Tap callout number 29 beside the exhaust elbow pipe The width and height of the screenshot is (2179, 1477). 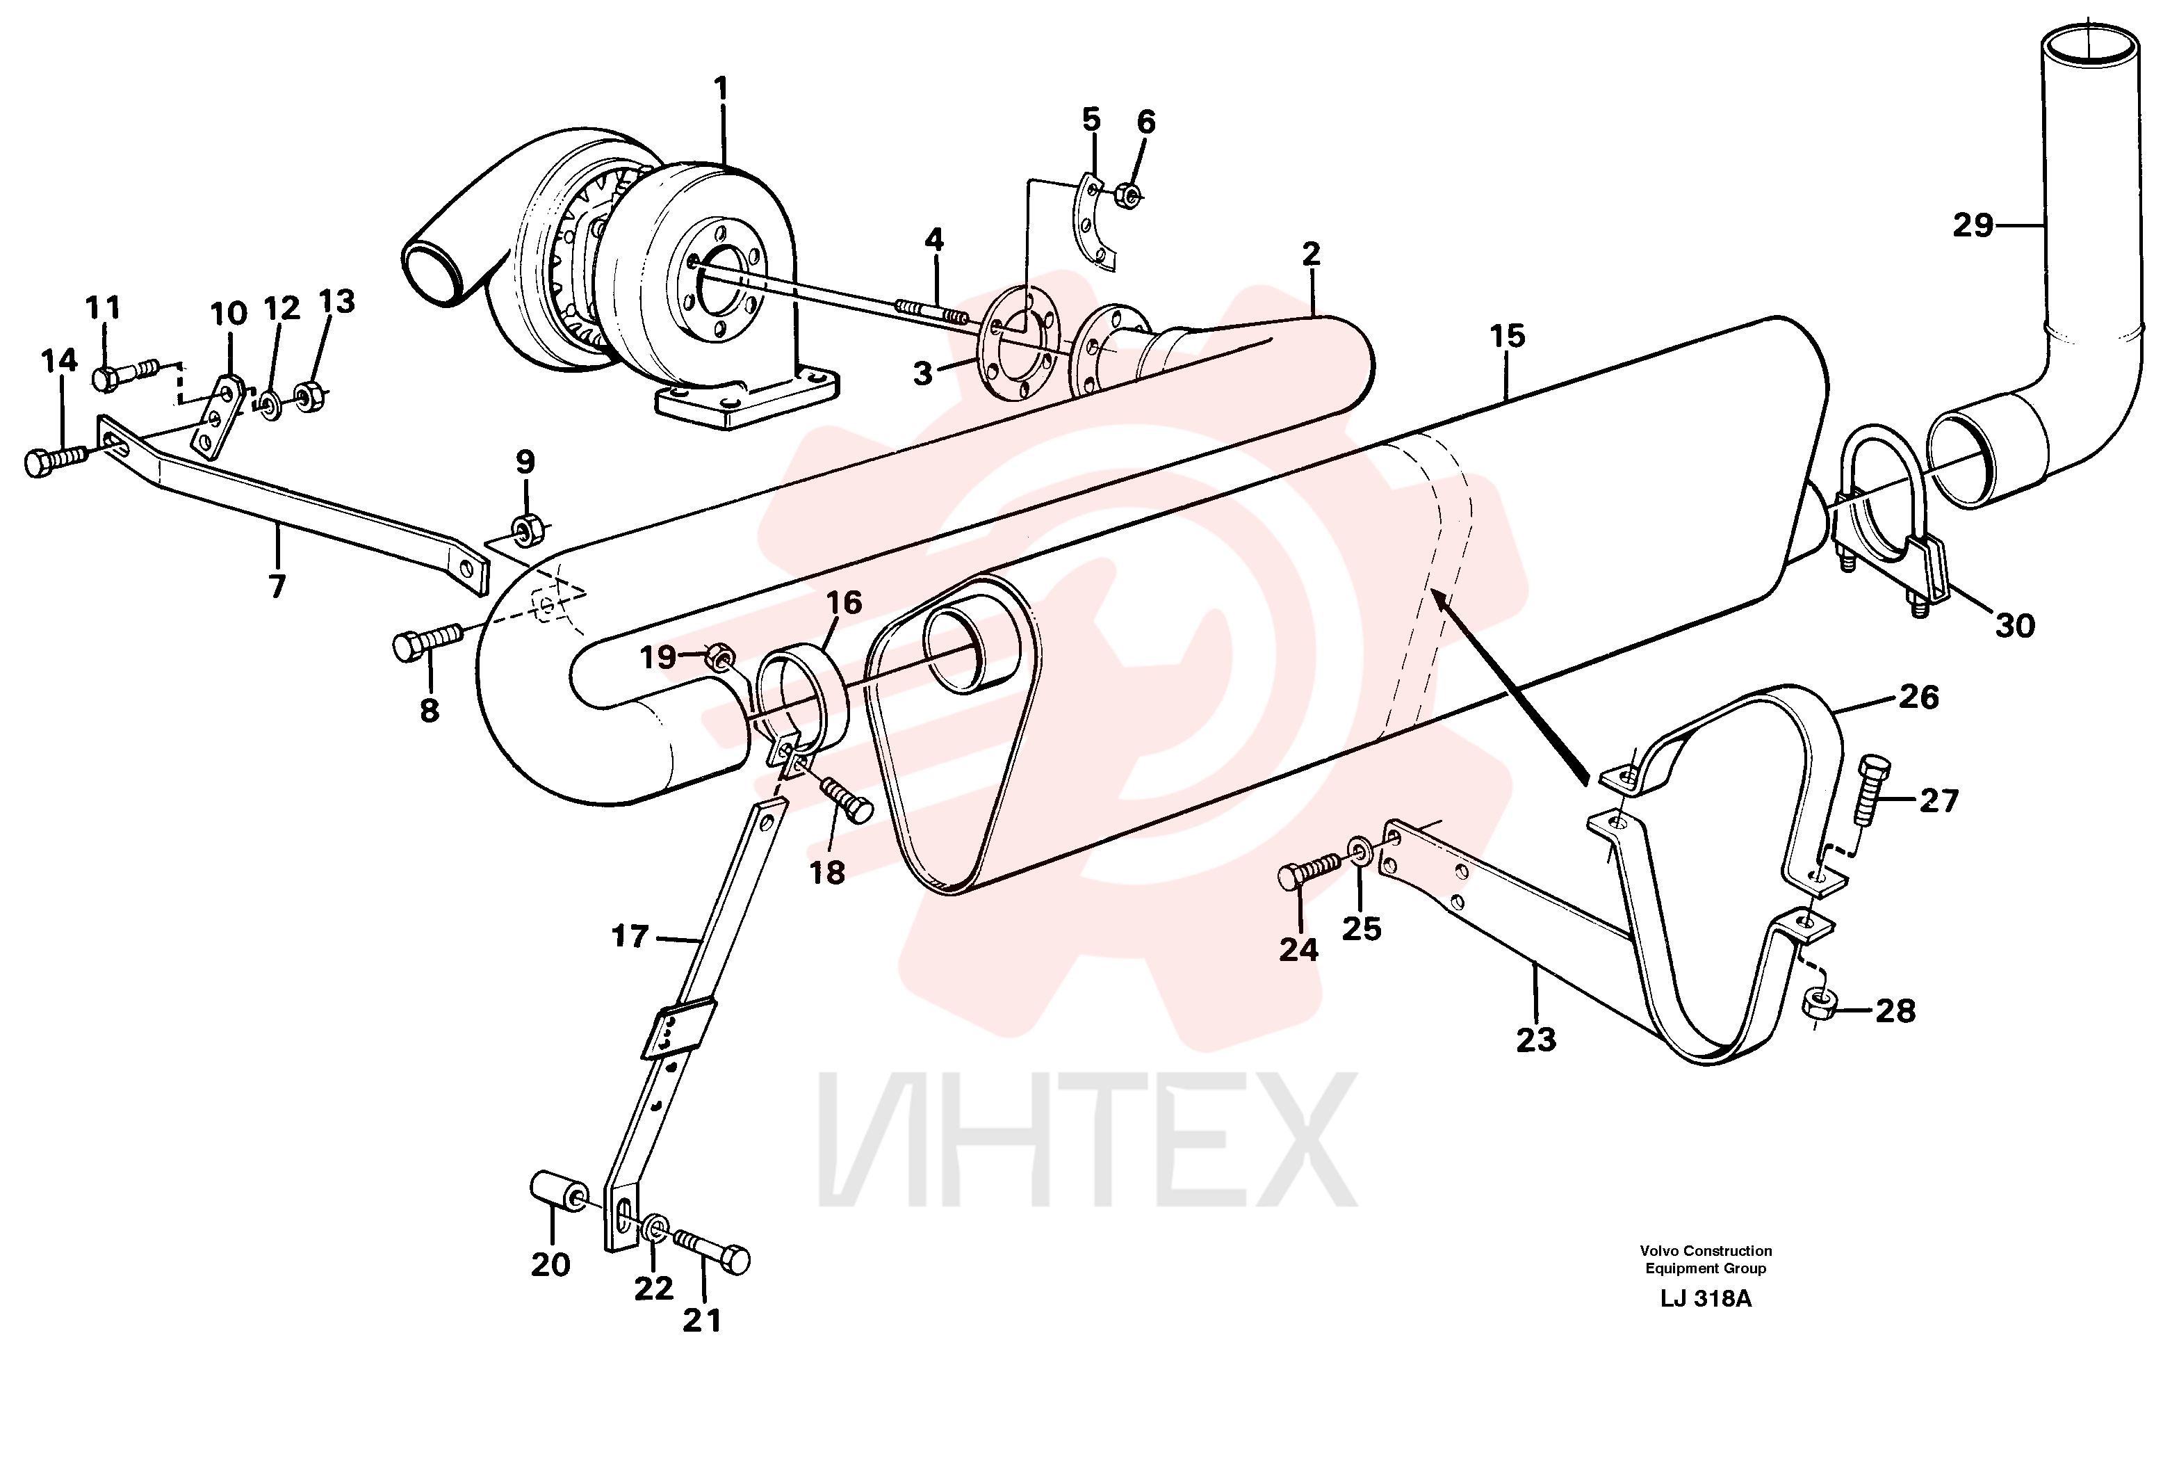[x=1973, y=225]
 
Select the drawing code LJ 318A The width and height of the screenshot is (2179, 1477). [x=1706, y=1299]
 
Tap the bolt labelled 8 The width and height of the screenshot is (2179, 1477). [x=427, y=643]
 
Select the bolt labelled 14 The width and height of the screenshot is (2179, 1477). [x=56, y=460]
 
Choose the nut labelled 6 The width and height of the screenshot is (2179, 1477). [x=1131, y=196]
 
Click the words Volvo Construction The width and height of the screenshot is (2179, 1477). [x=1706, y=1250]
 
